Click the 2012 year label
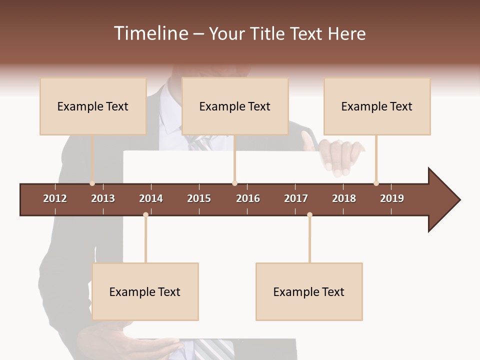coord(55,198)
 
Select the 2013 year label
coord(103,198)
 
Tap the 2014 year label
coord(151,198)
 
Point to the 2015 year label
coord(199,198)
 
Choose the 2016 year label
coord(248,198)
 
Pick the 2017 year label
coord(296,198)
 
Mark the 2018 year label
coord(344,198)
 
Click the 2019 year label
coord(392,198)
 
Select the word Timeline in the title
coord(149,33)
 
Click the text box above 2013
coord(93,106)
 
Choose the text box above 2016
coord(235,106)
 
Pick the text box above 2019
coord(377,106)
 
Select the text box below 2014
coord(145,291)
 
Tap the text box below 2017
coord(309,291)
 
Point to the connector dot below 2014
coord(145,214)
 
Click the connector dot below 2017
coord(309,214)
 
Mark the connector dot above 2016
coord(234,183)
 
